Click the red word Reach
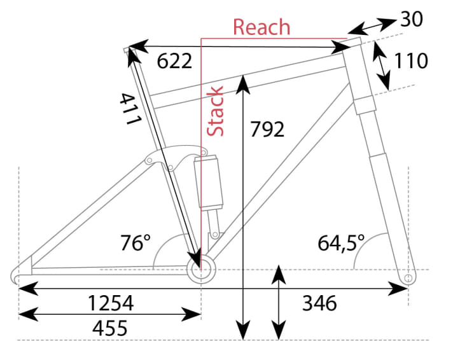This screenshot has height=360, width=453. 261,27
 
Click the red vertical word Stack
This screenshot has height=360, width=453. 217,111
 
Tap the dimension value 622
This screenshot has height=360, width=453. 174,62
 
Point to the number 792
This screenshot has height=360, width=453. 267,129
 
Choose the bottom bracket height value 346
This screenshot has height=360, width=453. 319,303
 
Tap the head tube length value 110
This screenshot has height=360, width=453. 410,61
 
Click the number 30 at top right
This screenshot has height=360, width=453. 412,20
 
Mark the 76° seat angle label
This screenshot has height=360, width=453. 135,243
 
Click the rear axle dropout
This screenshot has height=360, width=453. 19,275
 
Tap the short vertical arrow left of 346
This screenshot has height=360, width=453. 278,303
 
